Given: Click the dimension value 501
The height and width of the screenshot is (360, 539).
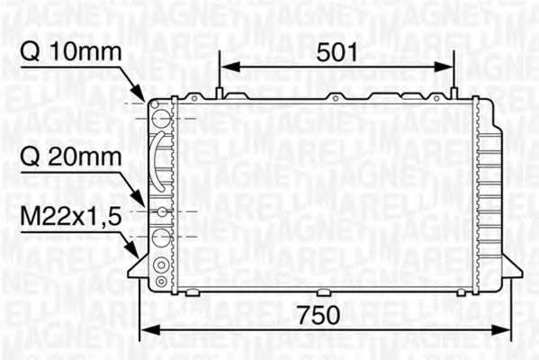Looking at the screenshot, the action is click(x=337, y=52).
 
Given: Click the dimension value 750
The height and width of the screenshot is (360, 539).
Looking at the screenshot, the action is click(x=319, y=315).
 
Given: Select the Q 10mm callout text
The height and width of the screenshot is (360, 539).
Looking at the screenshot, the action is click(x=71, y=52).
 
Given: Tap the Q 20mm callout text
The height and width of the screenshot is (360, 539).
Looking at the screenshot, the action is click(x=71, y=157).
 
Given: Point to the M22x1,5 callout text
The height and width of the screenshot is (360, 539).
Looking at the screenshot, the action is click(x=71, y=217).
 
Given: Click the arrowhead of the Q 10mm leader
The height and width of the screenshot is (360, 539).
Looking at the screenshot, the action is click(x=139, y=94).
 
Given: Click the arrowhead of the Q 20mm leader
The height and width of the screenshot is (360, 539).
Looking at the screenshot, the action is click(x=139, y=199).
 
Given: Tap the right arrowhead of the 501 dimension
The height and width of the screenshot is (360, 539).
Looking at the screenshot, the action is click(x=444, y=67).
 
